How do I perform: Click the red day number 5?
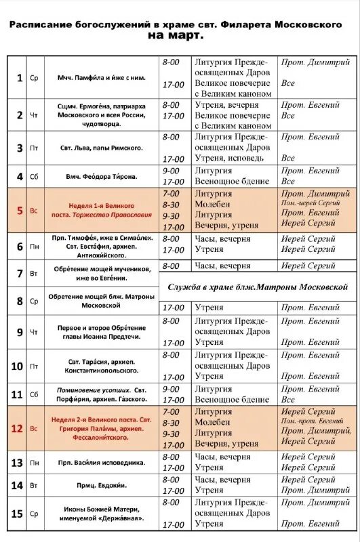point(19,210)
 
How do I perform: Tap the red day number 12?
point(18,428)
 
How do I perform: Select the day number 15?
point(18,514)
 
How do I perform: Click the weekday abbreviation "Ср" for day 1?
point(34,78)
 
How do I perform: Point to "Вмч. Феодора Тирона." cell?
point(102,176)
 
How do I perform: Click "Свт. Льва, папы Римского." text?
point(102,147)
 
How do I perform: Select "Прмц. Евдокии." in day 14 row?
point(102,484)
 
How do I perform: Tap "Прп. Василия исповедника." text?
point(102,462)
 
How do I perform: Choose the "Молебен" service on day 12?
point(214,422)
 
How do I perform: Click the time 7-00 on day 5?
point(172,193)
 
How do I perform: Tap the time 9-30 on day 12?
point(172,433)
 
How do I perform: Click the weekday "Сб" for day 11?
point(34,394)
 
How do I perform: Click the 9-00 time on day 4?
point(172,171)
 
